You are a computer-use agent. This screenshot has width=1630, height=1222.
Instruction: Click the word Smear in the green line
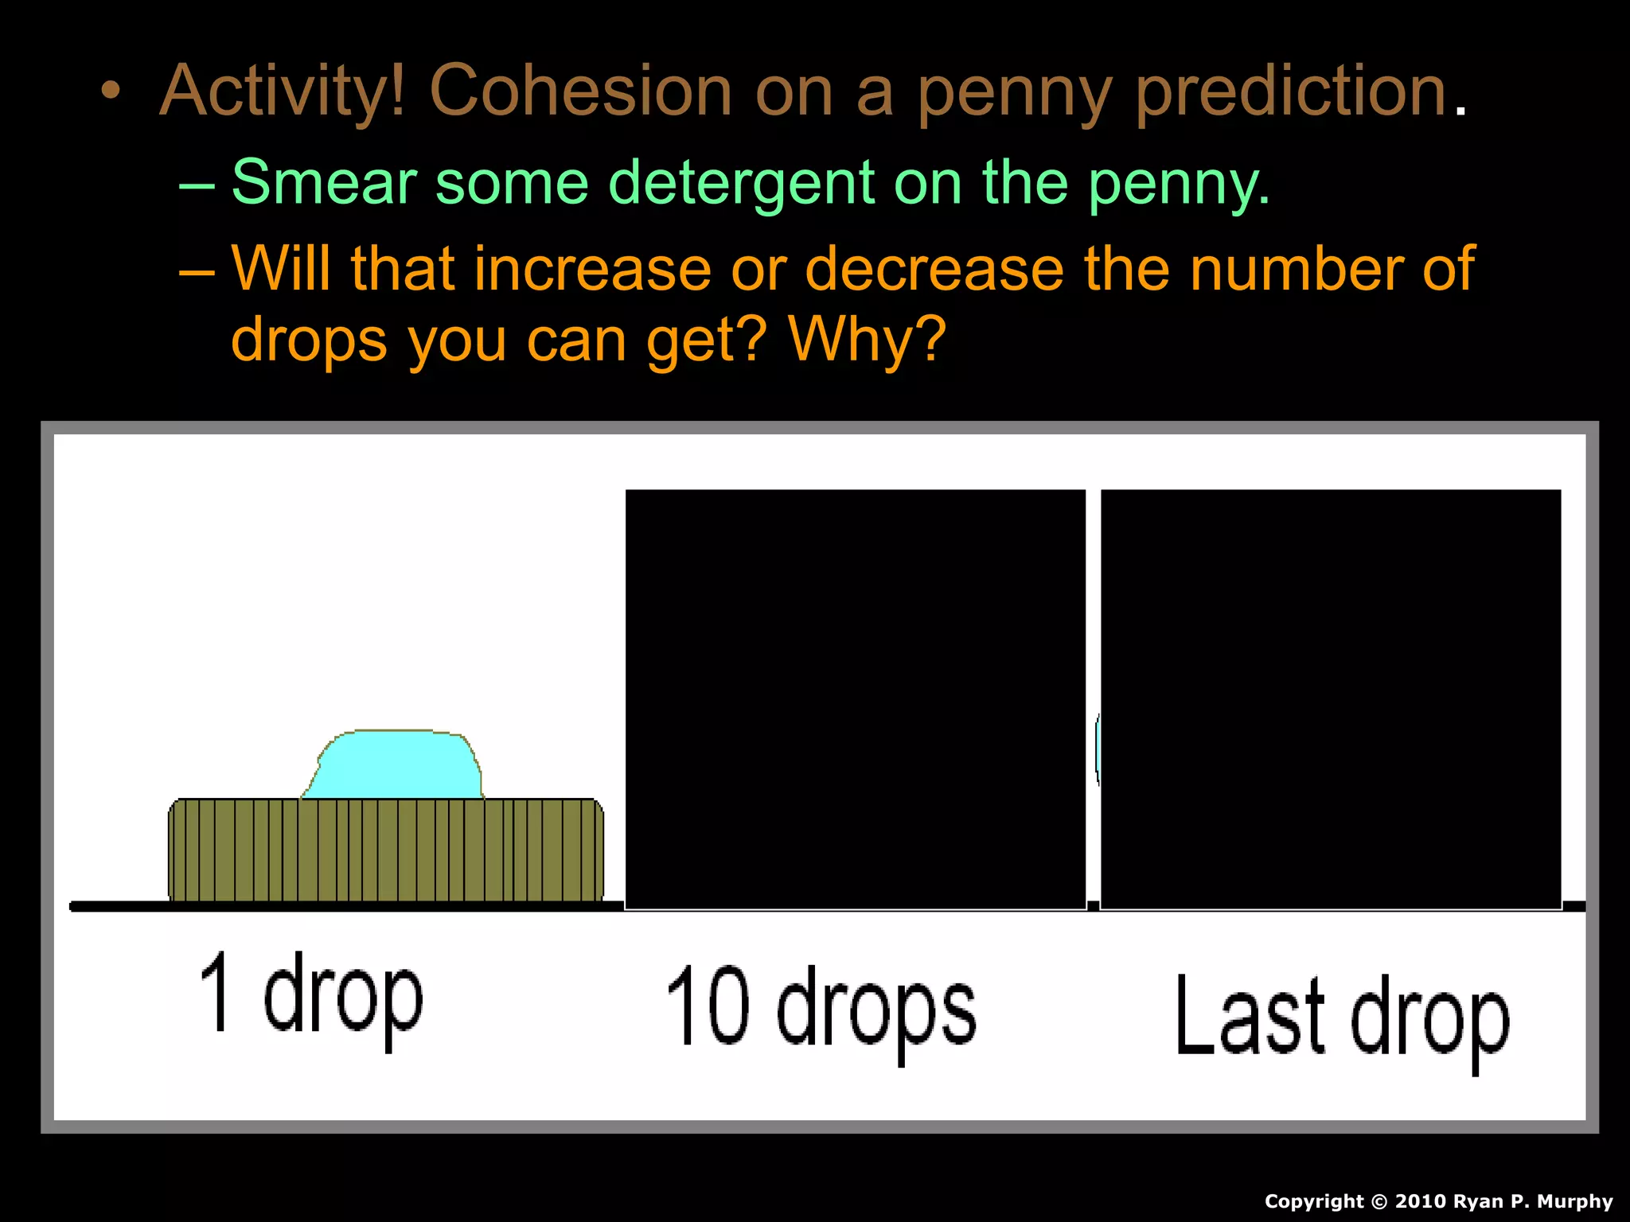323,182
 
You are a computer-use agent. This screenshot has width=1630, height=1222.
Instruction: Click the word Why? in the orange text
867,339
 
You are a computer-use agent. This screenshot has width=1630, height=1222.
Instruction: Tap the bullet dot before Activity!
111,91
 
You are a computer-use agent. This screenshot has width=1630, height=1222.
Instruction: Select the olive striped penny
386,850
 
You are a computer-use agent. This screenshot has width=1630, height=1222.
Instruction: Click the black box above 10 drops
856,699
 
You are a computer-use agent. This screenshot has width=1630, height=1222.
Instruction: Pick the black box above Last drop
1330,699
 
